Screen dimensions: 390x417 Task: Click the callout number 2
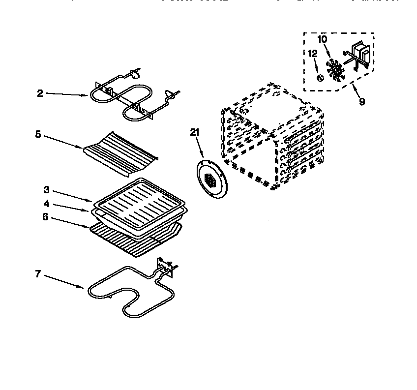click(40, 93)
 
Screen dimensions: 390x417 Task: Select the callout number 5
click(37, 133)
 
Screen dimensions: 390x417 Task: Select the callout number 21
click(195, 131)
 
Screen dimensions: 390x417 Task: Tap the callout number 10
click(322, 39)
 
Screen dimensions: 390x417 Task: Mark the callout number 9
click(362, 102)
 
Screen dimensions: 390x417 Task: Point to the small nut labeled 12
click(320, 77)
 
